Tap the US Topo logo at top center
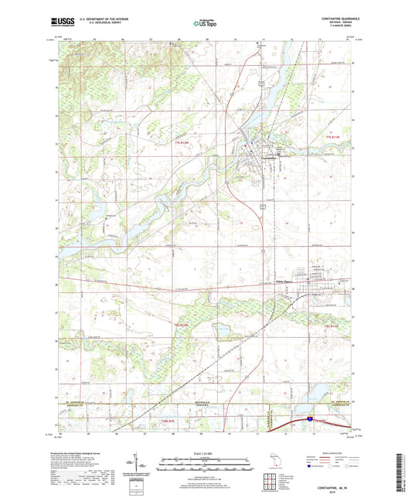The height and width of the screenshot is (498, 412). (x=204, y=23)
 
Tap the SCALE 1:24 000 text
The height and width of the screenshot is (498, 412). (x=206, y=453)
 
